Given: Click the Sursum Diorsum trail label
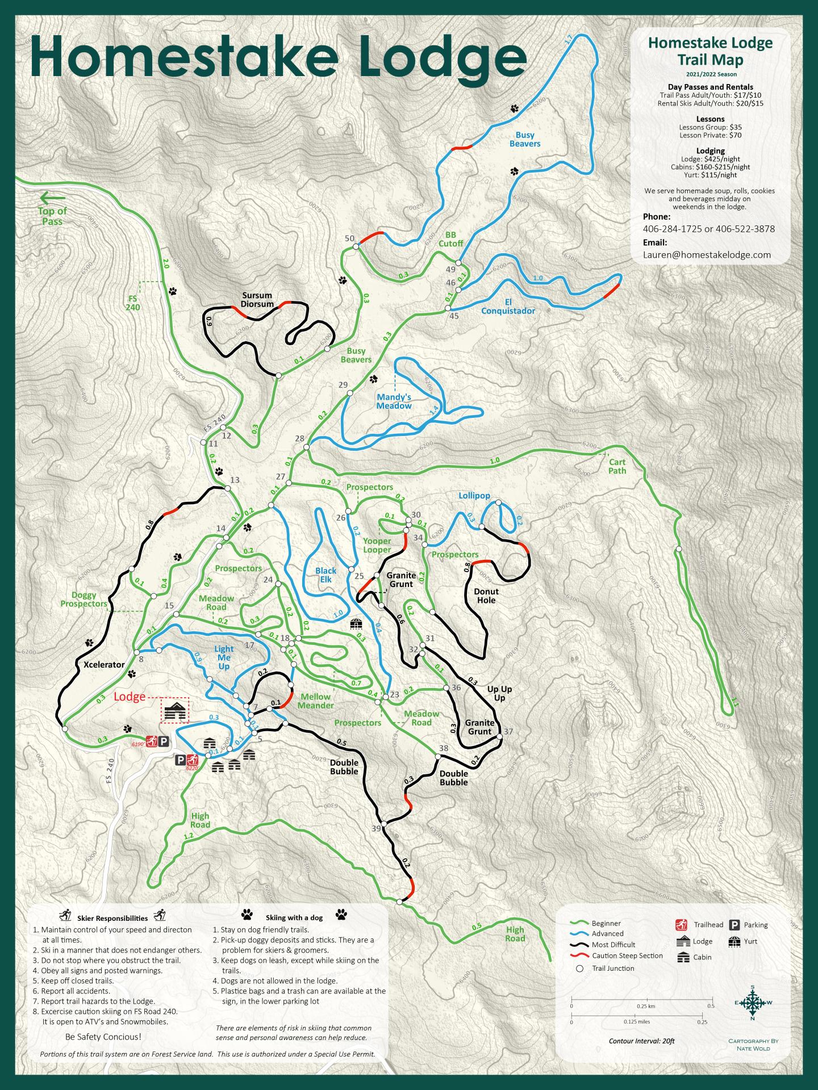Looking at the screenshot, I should click(x=257, y=299).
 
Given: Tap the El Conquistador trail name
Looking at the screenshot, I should click(x=508, y=307).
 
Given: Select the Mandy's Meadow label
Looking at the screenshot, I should click(x=394, y=401).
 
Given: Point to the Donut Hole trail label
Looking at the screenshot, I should click(x=486, y=596).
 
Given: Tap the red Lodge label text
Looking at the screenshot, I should click(x=130, y=697).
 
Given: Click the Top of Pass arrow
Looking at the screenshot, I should click(x=52, y=198).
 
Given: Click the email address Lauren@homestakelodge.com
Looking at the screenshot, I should click(x=707, y=255).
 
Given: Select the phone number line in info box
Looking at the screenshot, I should click(x=708, y=229).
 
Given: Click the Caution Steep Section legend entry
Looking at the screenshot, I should click(x=627, y=955).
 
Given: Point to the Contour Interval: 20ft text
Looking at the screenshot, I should click(x=641, y=1041).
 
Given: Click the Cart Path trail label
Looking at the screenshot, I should click(x=617, y=466).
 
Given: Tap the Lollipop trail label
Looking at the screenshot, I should click(x=474, y=496).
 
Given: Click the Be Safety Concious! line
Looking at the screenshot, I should click(x=103, y=1036).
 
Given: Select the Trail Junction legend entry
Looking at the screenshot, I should click(x=612, y=968).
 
